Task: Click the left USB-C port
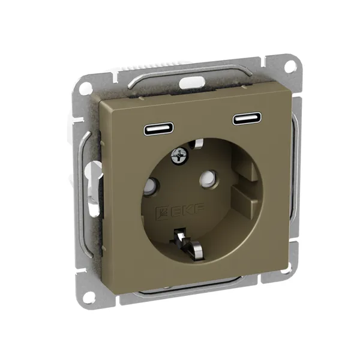158,128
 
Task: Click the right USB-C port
248,119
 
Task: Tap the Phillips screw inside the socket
180,156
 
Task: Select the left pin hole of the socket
152,185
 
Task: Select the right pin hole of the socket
208,178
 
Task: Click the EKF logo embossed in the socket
180,211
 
